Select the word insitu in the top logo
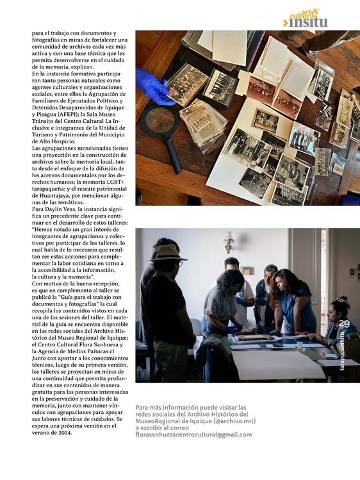[x=309, y=22]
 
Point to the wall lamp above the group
[x=229, y=243]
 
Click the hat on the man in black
[x=168, y=253]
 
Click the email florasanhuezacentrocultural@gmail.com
[x=194, y=435]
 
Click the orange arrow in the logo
[x=286, y=24]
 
